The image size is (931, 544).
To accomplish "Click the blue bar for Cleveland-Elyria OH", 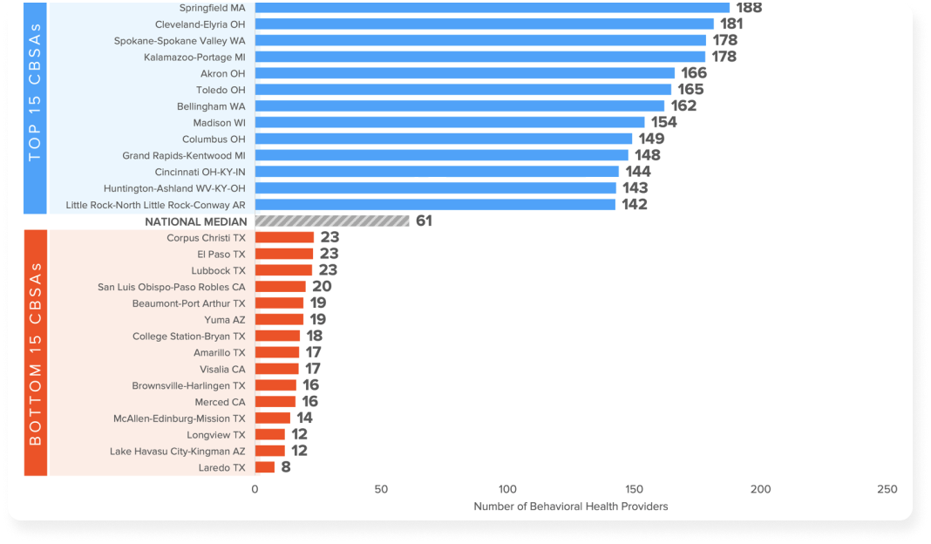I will coord(484,24).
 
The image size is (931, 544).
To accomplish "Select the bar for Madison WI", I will coord(449,123).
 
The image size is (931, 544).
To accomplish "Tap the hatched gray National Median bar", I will coord(331,221).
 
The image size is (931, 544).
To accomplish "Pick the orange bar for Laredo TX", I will coord(264,467).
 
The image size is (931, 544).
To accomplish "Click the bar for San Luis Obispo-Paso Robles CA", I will coord(280,287).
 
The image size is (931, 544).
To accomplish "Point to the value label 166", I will coord(694,73).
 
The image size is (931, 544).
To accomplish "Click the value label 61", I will coord(424,221).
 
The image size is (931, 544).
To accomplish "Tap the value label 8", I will coord(286,467).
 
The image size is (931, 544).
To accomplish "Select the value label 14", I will coord(304,418).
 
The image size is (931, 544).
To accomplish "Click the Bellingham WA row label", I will coord(212,106).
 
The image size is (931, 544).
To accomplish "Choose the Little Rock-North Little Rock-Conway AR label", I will coord(156,205).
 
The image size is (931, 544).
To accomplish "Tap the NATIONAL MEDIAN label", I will coord(195,221).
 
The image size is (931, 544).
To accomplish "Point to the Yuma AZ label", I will coord(225,320).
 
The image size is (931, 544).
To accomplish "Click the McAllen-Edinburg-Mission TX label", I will coord(180,418).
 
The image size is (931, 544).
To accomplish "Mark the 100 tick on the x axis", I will coord(507,490).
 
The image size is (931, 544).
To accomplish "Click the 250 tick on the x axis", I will coord(887,490).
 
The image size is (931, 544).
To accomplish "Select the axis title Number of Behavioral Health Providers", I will coord(570,507).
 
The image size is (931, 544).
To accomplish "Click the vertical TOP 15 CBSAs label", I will coord(35,106).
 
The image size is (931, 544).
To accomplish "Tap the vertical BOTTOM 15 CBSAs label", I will coord(35,353).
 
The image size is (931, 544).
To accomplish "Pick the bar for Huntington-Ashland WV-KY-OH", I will coord(434,188).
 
